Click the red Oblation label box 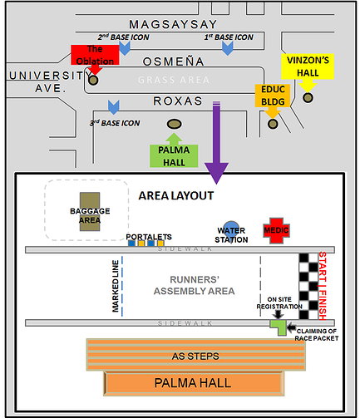[95, 55]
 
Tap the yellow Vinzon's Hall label [308, 66]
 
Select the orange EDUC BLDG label [273, 96]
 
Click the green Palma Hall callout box [174, 156]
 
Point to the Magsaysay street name [173, 24]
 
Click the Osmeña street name [174, 61]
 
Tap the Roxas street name [178, 101]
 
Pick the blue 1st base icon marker [228, 49]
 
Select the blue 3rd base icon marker [114, 107]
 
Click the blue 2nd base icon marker [125, 49]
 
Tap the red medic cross [276, 230]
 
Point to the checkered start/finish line [308, 286]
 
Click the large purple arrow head [216, 173]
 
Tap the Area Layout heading [176, 196]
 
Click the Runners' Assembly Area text [195, 285]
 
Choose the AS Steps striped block [196, 355]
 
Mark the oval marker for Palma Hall [175, 124]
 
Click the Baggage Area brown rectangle [90, 212]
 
